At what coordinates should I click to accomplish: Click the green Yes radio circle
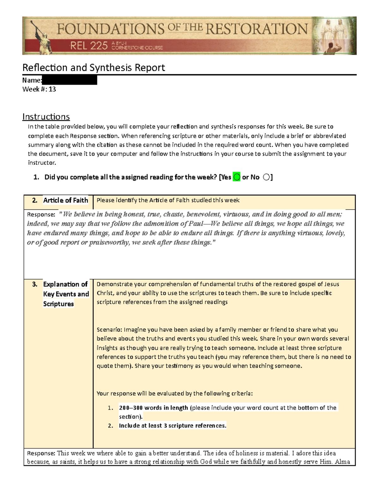(x=237, y=177)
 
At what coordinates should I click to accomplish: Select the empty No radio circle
(x=266, y=177)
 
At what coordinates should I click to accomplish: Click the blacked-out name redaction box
(x=69, y=80)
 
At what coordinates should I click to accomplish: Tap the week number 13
(x=52, y=89)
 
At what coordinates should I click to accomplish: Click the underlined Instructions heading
(x=46, y=117)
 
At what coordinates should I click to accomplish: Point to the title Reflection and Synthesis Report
(x=93, y=68)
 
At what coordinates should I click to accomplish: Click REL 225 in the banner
(x=89, y=46)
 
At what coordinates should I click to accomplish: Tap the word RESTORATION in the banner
(x=256, y=29)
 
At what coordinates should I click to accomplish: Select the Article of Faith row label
(x=65, y=200)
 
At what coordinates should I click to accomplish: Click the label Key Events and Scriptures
(x=66, y=294)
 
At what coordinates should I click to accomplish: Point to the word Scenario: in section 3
(x=109, y=330)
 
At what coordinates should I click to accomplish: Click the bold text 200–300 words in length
(x=153, y=408)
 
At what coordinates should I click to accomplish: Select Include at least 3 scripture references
(x=172, y=426)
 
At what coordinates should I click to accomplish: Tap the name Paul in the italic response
(x=196, y=224)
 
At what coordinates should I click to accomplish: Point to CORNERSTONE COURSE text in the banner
(x=137, y=48)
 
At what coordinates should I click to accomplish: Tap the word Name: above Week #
(x=32, y=80)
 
